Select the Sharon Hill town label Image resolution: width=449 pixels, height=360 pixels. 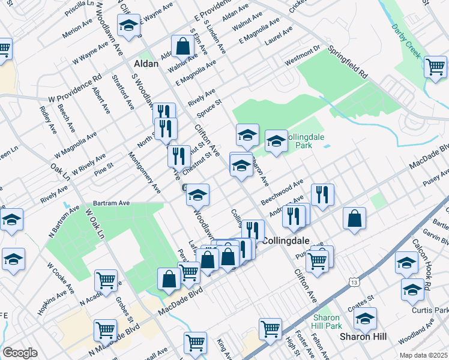pos(358,336)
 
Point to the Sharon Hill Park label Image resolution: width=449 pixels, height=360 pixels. pos(327,322)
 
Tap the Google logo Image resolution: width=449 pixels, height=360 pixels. pos(20,352)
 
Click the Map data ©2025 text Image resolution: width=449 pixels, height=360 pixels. pos(424,355)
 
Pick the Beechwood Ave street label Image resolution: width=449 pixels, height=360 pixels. pos(283,191)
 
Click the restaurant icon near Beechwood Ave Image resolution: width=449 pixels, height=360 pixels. pos(322,194)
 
